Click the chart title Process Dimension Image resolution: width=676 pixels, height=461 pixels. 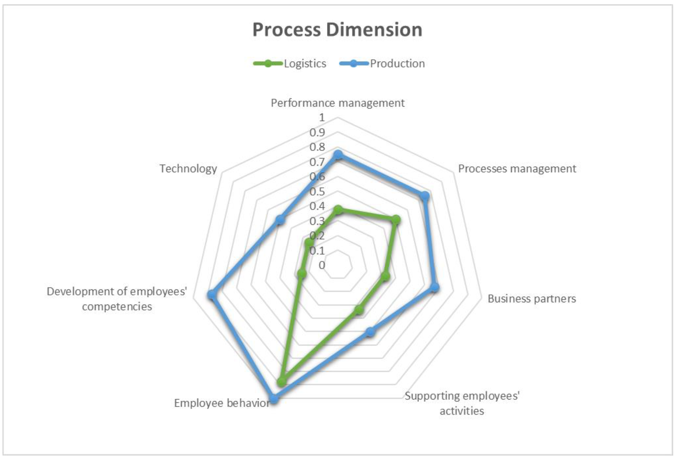(338, 30)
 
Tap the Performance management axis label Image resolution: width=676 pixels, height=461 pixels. (338, 103)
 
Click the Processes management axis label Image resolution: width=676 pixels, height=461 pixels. (517, 169)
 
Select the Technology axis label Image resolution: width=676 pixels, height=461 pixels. (188, 169)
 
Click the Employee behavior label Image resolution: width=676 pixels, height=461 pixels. (222, 403)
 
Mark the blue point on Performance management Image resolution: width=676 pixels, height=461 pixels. (338, 155)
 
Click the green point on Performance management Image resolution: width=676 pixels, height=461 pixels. (338, 210)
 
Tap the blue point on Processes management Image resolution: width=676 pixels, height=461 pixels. (425, 196)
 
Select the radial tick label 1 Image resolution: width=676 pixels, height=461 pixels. (322, 118)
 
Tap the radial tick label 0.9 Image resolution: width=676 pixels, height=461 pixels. (317, 133)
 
